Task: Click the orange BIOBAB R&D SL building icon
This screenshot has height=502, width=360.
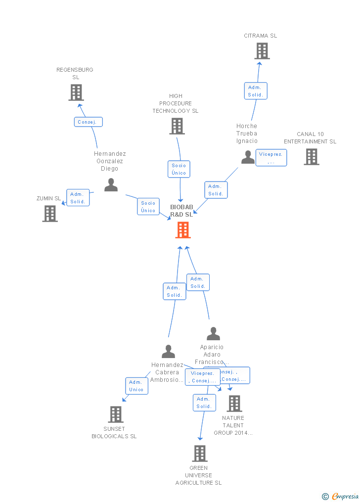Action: coord(183,230)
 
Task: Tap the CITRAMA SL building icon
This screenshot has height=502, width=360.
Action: coord(262,51)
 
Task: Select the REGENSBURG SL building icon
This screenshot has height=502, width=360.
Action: coord(76,92)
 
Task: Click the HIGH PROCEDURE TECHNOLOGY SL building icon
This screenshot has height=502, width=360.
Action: coord(177,126)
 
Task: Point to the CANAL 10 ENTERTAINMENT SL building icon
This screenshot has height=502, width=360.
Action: coord(311,157)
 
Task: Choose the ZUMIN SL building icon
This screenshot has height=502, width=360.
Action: coord(50,214)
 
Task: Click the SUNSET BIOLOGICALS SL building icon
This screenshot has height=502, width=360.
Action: coord(115,414)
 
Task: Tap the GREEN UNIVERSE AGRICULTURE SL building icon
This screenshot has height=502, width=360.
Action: coord(199,453)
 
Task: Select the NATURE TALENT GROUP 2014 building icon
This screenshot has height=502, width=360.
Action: coord(234,404)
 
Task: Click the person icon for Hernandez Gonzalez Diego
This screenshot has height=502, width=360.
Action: coord(111,185)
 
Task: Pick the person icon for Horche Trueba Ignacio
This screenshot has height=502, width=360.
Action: coord(248,157)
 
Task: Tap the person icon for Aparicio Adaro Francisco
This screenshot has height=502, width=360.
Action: coord(213,334)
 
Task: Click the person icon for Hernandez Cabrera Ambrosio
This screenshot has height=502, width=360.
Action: coord(169,352)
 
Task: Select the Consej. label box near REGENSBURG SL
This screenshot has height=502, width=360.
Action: coord(89,122)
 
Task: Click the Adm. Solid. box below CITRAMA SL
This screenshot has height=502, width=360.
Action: coord(256,91)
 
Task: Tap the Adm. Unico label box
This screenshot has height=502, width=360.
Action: coord(136,386)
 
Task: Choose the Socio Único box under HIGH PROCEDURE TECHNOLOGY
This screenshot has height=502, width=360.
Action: coord(179,169)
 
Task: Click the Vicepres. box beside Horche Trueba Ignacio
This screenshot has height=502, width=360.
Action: coord(271,158)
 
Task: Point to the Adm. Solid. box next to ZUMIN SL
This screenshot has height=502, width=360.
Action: coord(78,198)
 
